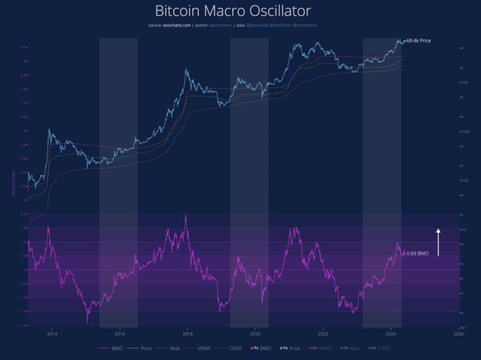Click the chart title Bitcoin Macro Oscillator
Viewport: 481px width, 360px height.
233,11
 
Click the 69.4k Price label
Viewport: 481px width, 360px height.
418,41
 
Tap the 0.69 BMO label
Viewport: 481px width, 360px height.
417,254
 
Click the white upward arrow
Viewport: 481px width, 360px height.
438,242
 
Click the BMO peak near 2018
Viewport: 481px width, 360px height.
186,216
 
